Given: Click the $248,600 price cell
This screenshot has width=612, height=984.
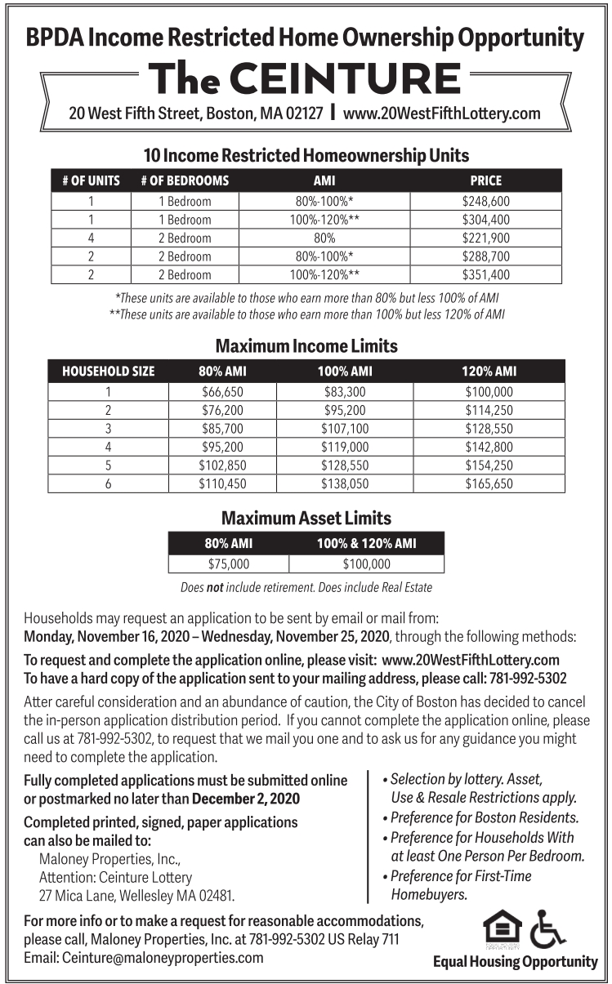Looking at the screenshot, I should click(485, 201).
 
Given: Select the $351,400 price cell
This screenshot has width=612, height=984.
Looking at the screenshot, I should click(485, 274).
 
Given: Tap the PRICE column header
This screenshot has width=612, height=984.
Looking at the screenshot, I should click(485, 180).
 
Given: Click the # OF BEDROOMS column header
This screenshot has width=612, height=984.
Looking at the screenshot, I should click(185, 180).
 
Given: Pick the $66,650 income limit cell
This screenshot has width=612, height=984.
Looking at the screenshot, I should click(222, 392).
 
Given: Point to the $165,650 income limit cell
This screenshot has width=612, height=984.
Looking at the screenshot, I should click(489, 483).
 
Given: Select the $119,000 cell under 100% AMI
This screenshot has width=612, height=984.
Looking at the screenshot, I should click(345, 447).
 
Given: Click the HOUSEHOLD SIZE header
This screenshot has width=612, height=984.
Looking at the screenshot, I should click(108, 372).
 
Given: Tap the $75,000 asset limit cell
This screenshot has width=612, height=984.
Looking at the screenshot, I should click(228, 563).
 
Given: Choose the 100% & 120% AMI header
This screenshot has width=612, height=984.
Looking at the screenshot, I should click(366, 543).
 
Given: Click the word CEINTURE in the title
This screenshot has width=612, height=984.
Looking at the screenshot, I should click(345, 79).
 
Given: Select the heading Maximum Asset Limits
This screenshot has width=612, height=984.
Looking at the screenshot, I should click(306, 519).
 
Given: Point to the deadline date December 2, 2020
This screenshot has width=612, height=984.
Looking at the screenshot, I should click(246, 798).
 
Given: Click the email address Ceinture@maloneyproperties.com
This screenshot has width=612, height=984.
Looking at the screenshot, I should click(143, 958).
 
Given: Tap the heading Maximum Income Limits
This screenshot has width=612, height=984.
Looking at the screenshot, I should click(306, 346).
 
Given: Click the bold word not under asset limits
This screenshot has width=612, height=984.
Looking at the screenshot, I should click(216, 587).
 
